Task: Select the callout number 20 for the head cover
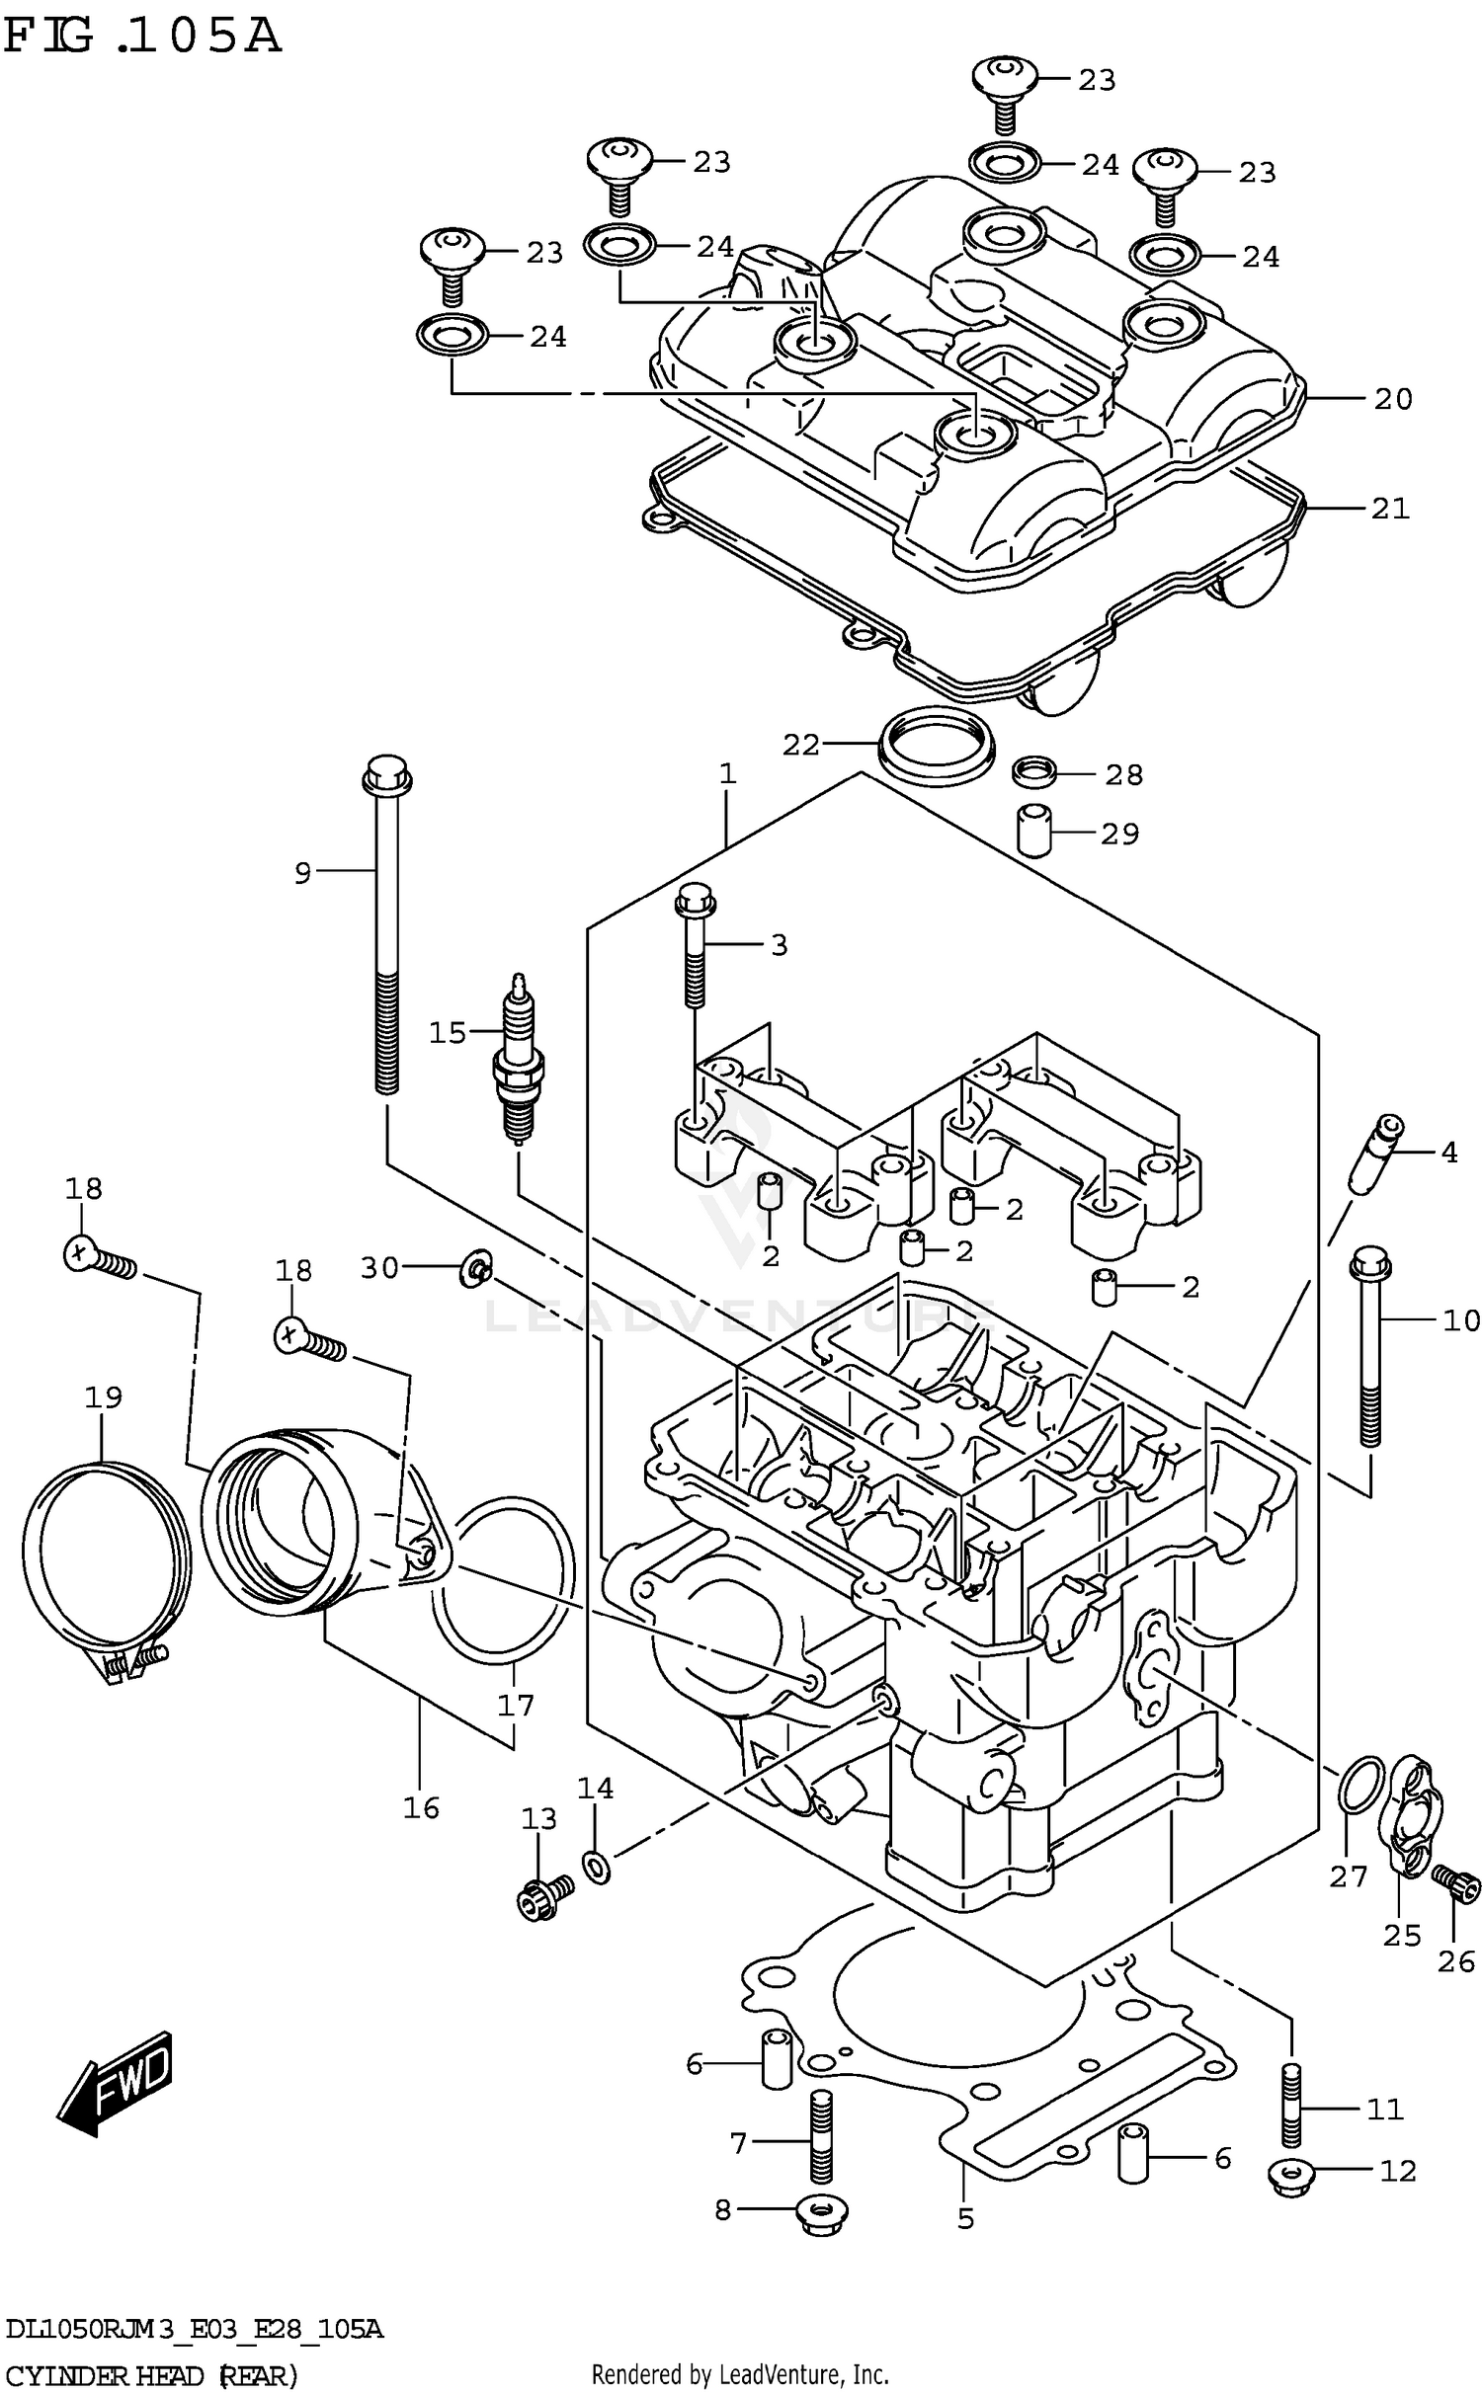(1393, 399)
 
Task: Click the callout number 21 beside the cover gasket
(1390, 509)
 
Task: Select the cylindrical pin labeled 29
(1032, 832)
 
